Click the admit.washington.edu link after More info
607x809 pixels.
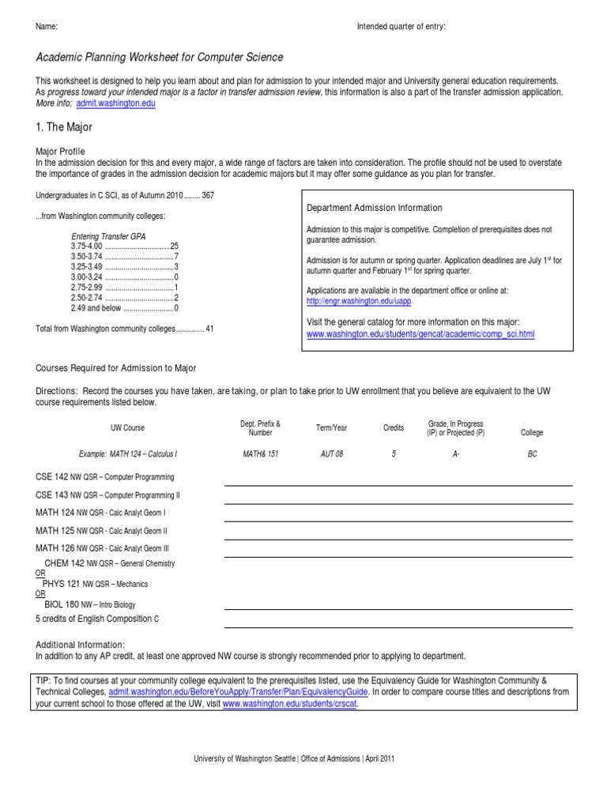[x=116, y=103]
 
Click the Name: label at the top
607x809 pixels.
[x=47, y=27]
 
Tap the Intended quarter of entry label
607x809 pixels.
[x=401, y=27]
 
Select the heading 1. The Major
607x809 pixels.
[x=64, y=126]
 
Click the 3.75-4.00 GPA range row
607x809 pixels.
[x=125, y=246]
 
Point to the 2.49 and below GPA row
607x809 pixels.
[x=124, y=307]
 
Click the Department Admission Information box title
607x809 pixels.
[x=374, y=208]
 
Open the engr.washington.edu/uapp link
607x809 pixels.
[x=359, y=301]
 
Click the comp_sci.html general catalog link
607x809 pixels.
[x=420, y=334]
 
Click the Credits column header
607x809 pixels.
[x=393, y=428]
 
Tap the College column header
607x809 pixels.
[x=532, y=433]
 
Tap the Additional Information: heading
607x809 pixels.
[x=81, y=645]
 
